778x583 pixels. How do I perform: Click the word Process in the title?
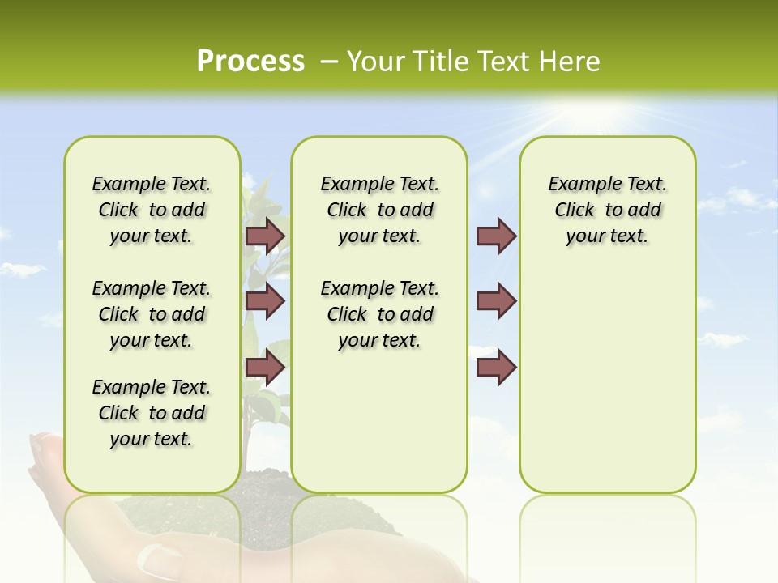coord(250,62)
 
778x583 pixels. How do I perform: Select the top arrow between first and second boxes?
coord(265,236)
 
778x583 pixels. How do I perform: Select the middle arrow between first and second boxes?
coord(265,301)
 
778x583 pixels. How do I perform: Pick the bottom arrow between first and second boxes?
coord(265,368)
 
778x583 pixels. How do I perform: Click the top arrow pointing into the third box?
coord(496,236)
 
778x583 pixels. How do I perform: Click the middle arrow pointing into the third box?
coord(496,301)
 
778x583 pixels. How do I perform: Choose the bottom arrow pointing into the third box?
coord(496,368)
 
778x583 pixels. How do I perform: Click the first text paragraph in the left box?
coord(152,210)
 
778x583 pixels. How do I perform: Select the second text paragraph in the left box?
coord(152,314)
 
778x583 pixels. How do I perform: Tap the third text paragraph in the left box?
coord(152,413)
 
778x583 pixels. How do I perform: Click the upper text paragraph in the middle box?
coord(379,210)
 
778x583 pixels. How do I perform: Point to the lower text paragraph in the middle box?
coord(379,314)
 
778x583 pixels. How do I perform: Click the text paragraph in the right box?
coord(607,210)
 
